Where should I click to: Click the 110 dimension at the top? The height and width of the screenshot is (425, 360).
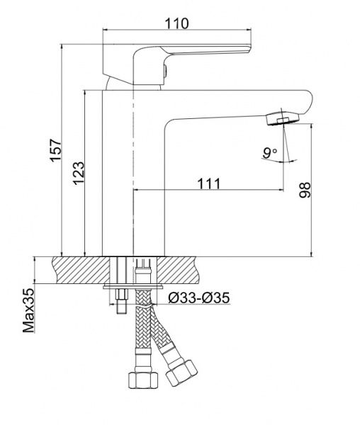pyautogui.click(x=177, y=23)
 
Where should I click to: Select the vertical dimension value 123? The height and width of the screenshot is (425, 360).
pyautogui.click(x=79, y=172)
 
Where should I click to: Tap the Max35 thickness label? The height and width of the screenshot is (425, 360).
pyautogui.click(x=28, y=310)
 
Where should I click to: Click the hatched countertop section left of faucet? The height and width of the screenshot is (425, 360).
pyautogui.click(x=78, y=269)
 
